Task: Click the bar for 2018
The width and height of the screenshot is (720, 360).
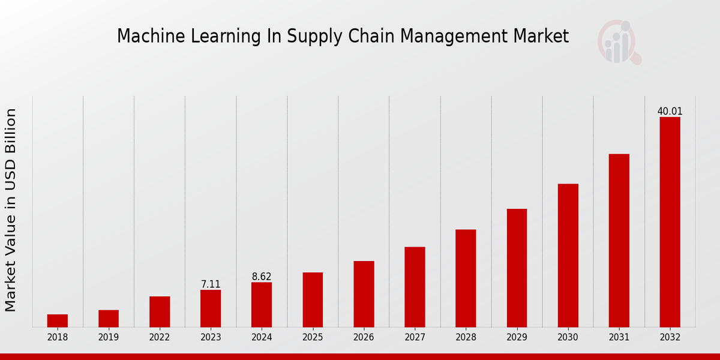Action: tap(58, 320)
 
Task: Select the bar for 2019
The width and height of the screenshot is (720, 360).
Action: tap(109, 319)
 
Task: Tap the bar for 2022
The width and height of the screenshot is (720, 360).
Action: tap(160, 311)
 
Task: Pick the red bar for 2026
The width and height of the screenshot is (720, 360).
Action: tap(364, 294)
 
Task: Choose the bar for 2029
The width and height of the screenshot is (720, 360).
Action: tap(517, 268)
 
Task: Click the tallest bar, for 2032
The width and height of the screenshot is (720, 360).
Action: tap(670, 222)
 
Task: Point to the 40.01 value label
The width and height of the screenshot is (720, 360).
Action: tap(670, 112)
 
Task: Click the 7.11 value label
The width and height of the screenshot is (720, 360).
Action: tap(211, 284)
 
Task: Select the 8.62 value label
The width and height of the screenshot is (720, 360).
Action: tap(262, 277)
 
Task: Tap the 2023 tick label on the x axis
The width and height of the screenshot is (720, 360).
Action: tap(211, 337)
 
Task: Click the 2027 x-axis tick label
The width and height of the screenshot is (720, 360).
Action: tap(415, 337)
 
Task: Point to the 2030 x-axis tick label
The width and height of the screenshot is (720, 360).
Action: tap(568, 337)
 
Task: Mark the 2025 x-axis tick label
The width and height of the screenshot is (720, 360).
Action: tap(313, 337)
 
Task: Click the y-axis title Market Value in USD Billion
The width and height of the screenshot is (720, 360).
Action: tap(11, 210)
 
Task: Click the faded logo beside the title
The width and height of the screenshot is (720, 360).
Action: tap(619, 42)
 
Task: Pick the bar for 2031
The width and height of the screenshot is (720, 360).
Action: tap(619, 240)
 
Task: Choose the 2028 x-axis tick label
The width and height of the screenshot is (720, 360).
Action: tap(466, 337)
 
